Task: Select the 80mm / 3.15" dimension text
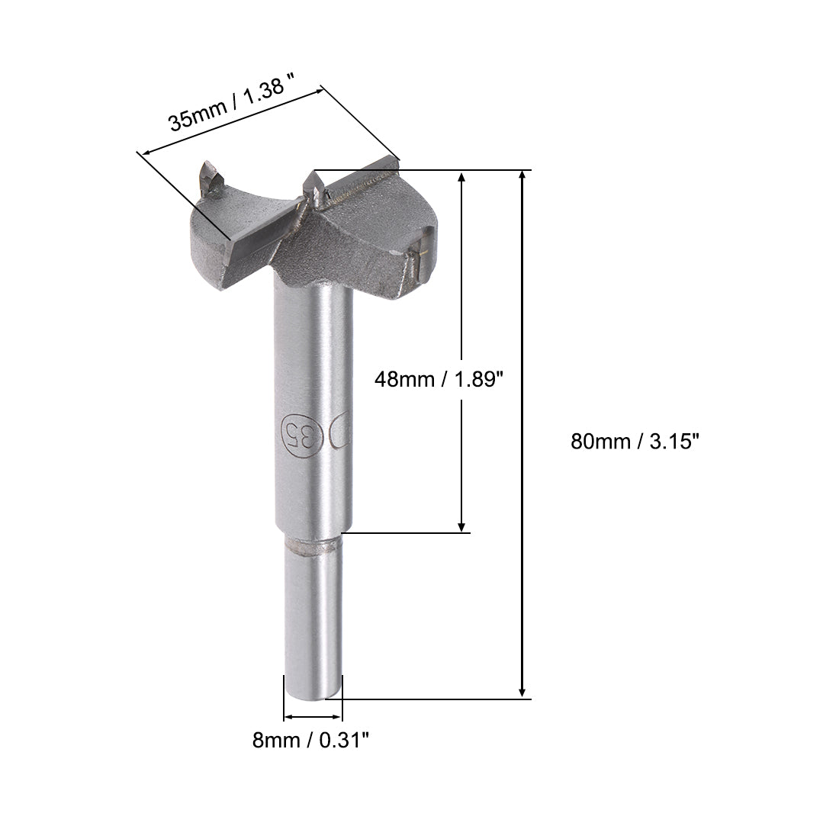point(635,442)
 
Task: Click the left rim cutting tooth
point(209,177)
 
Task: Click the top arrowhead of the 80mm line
point(522,175)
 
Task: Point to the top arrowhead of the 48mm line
point(461,177)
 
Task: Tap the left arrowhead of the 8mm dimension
point(288,717)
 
